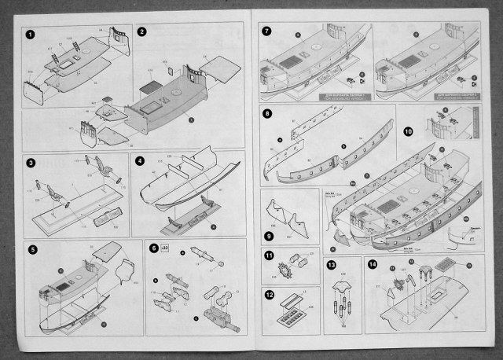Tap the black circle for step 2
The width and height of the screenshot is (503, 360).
click(142, 32)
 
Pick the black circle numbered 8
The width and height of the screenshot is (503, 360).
click(268, 114)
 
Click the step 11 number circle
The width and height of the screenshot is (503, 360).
click(268, 256)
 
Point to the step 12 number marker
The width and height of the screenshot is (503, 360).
click(268, 296)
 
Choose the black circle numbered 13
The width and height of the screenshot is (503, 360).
click(331, 264)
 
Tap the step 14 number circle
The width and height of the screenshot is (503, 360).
click(373, 264)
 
